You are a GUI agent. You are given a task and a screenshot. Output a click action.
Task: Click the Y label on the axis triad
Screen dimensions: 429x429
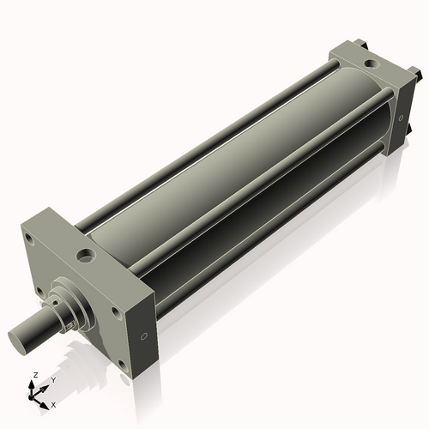coord(52,379)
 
